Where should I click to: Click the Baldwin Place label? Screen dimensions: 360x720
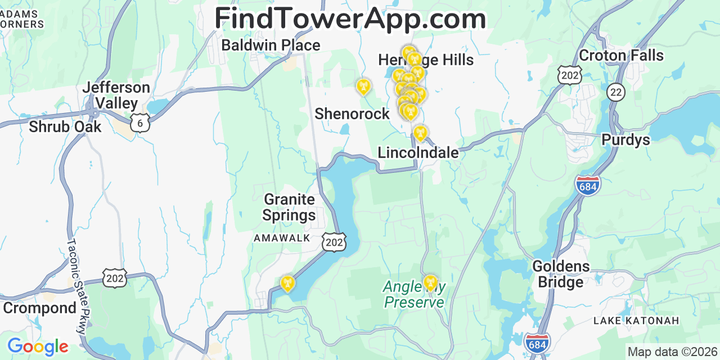click(271, 45)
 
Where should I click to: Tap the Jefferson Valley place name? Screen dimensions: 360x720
click(116, 96)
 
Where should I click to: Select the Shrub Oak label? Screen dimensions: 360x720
click(65, 127)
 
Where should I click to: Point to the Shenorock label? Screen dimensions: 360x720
click(352, 114)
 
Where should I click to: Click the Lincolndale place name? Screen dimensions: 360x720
click(418, 152)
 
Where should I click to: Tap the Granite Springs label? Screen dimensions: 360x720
click(289, 207)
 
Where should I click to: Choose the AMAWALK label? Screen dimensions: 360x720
click(282, 238)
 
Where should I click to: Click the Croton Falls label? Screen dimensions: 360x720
click(621, 56)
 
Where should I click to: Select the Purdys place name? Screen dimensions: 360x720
click(625, 139)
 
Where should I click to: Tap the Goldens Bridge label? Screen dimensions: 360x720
click(561, 273)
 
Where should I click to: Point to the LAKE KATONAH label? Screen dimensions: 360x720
click(636, 321)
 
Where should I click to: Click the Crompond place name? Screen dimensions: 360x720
click(39, 308)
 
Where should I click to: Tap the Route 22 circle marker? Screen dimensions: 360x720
click(616, 92)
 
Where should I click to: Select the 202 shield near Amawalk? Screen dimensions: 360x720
click(334, 242)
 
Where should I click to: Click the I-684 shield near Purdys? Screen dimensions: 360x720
click(588, 185)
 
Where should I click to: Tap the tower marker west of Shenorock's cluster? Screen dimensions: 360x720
click(363, 87)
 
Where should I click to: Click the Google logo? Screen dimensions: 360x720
click(37, 346)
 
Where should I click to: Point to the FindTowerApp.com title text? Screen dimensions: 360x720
click(350, 19)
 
